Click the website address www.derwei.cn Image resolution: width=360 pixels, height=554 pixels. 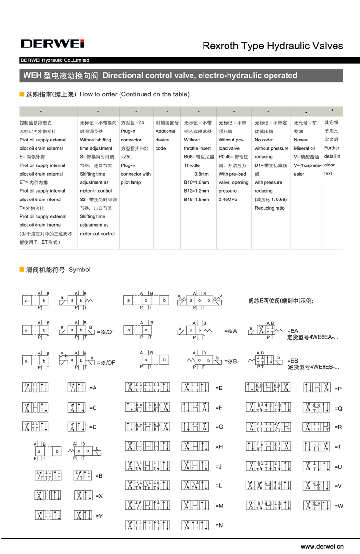coord(323,546)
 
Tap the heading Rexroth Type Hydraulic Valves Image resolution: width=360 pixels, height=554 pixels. coord(273,46)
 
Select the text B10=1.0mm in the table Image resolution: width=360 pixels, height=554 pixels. coord(197,182)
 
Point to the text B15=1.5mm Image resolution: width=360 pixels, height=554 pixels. coord(197,200)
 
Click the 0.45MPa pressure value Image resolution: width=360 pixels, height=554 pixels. coord(228,200)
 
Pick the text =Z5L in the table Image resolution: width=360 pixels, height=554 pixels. coord(126,157)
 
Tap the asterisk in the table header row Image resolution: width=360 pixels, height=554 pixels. coord(332,112)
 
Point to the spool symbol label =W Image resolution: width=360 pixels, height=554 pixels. coord(339,506)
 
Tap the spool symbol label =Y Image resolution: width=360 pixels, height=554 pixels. coord(100,516)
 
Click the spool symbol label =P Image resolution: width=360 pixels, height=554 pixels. coord(338,388)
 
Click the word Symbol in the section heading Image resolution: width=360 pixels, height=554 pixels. coord(80,270)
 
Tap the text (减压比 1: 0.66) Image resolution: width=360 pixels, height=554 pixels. coord(271,200)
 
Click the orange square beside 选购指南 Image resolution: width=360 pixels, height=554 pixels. coord(22,94)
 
